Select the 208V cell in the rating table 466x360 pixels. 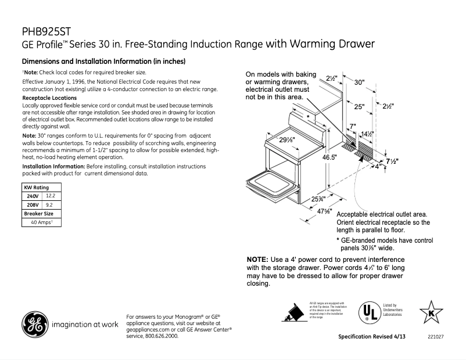33,205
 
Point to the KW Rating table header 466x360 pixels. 35,188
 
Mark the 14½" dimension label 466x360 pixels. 366,134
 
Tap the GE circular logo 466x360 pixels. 35,324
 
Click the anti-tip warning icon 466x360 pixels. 294,311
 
